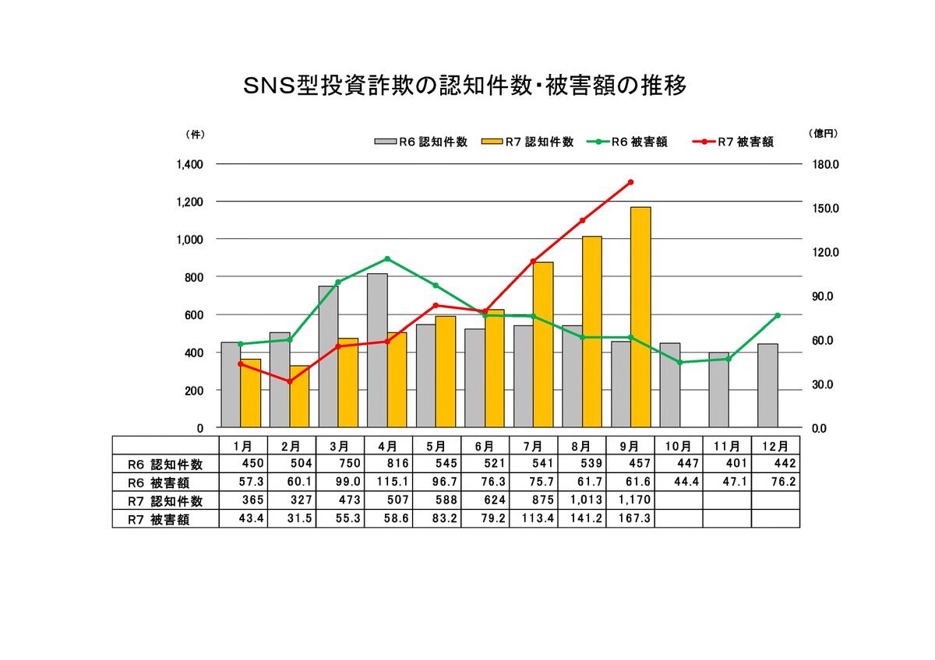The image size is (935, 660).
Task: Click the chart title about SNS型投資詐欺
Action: tap(466, 86)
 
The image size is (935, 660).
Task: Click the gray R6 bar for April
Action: tap(376, 350)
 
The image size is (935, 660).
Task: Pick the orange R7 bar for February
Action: tap(299, 396)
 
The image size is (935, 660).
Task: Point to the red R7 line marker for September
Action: tap(630, 182)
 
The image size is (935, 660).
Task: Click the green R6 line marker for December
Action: tap(777, 315)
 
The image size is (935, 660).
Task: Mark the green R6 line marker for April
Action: tap(387, 259)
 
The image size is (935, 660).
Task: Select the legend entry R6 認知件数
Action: tap(422, 142)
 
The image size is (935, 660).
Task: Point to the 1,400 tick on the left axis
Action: tap(189, 164)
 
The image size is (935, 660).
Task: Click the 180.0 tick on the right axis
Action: tap(824, 164)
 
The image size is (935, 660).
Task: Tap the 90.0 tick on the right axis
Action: tap(824, 297)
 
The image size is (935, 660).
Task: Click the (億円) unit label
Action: tap(824, 134)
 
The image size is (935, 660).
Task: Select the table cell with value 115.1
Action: tap(387, 483)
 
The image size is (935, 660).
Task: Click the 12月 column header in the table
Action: tap(775, 446)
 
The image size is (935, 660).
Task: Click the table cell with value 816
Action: tap(387, 464)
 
